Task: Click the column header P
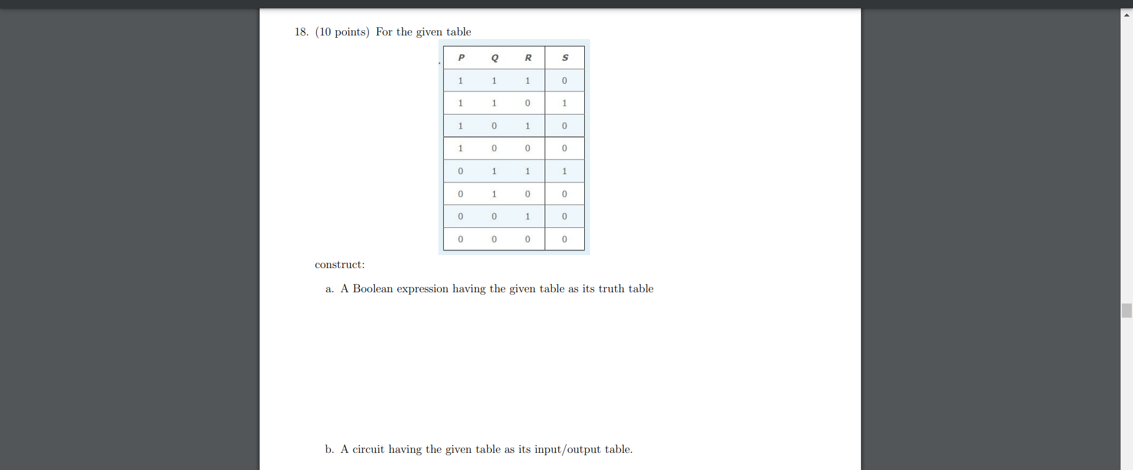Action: coord(461,58)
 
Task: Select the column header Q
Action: coord(495,58)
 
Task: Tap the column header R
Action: coord(528,58)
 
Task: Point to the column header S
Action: coord(565,58)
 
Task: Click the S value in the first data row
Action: coord(565,81)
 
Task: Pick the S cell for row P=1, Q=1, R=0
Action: coord(565,103)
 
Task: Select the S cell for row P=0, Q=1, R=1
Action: coord(565,171)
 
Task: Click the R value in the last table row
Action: coord(528,240)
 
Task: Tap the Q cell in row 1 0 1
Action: coord(495,126)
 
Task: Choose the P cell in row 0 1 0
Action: coord(461,194)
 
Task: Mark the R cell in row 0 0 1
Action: coord(528,217)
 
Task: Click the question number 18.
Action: coord(302,32)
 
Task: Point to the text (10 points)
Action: coord(342,32)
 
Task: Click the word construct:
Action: coord(340,265)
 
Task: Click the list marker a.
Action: coord(329,289)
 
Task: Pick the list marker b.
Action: coord(329,449)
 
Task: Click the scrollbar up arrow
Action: coord(1127,15)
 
